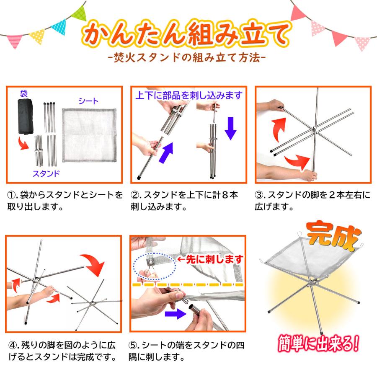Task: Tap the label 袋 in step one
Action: tap(23, 93)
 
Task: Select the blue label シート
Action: tap(88, 101)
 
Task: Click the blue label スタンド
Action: tap(46, 173)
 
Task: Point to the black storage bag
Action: tap(26, 117)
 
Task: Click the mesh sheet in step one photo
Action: tap(89, 135)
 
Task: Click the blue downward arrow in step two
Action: tap(230, 128)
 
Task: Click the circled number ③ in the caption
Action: tap(260, 196)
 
